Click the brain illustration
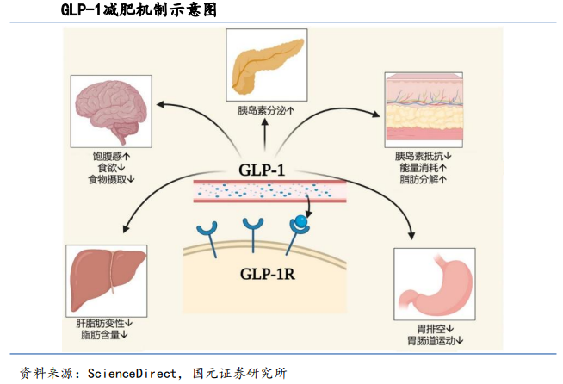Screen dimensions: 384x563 click(x=112, y=112)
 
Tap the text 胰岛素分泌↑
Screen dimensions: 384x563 click(x=266, y=111)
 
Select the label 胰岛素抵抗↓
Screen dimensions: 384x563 click(x=424, y=157)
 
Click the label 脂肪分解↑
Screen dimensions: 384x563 click(x=424, y=179)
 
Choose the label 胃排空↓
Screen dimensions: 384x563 click(x=435, y=328)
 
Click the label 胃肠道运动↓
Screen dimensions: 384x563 click(x=435, y=340)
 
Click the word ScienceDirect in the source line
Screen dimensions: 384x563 click(x=131, y=373)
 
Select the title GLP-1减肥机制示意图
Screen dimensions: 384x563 click(x=138, y=11)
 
